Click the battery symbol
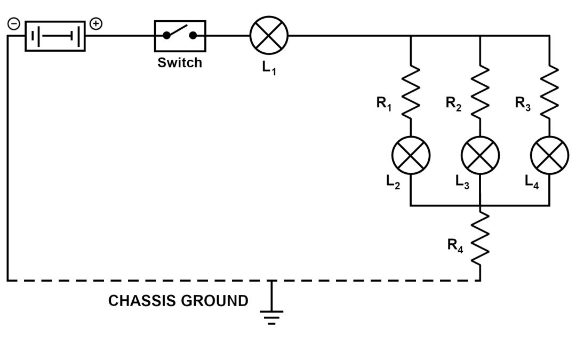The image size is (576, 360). click(55, 36)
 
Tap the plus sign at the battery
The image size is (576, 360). click(95, 24)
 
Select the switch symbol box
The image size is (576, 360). click(180, 36)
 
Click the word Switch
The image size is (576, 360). click(180, 63)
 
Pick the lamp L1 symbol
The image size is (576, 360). click(269, 36)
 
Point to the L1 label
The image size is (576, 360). click(269, 70)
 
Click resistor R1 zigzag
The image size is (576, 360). click(411, 91)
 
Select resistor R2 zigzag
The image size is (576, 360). click(481, 91)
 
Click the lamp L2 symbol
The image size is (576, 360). click(411, 155)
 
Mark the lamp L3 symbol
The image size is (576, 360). click(481, 155)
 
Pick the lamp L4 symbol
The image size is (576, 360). click(549, 155)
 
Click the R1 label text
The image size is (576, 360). click(384, 103)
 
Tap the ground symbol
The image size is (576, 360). click(272, 315)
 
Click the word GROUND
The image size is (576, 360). click(215, 301)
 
